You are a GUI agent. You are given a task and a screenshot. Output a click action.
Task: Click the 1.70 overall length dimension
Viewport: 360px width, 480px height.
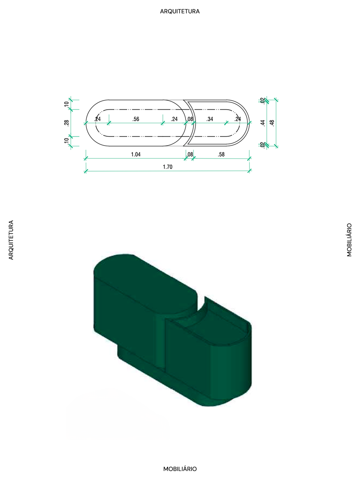click(168, 167)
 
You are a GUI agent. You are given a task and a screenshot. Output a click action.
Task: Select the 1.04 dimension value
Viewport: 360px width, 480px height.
click(136, 154)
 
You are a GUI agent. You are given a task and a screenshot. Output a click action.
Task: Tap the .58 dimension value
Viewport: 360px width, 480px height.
click(221, 154)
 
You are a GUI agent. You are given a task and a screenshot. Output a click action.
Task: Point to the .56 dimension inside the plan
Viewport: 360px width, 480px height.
click(136, 119)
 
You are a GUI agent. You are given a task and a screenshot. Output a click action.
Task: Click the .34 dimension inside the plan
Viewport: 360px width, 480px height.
click(210, 119)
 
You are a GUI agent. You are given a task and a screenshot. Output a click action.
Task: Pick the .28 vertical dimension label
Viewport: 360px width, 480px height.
click(67, 123)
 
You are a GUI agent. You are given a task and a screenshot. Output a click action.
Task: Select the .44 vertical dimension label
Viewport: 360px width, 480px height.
click(263, 123)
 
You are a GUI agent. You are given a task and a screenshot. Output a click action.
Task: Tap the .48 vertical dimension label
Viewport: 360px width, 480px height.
click(272, 123)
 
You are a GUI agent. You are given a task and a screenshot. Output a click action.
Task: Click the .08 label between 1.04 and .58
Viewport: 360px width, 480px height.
click(190, 154)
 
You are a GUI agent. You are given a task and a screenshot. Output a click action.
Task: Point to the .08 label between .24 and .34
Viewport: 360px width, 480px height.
click(190, 119)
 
